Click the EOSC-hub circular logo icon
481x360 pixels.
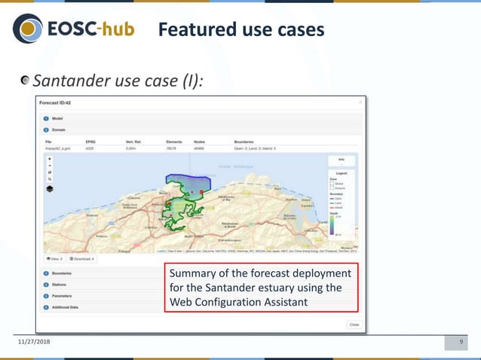27,29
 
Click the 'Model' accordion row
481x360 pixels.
57,118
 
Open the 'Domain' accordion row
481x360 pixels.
59,129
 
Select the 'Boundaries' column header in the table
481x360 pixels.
248,141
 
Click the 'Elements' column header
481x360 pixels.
174,141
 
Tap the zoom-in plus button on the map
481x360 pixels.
50,160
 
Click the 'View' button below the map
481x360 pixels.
56,258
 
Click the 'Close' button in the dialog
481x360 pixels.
353,325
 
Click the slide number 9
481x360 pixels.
461,343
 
